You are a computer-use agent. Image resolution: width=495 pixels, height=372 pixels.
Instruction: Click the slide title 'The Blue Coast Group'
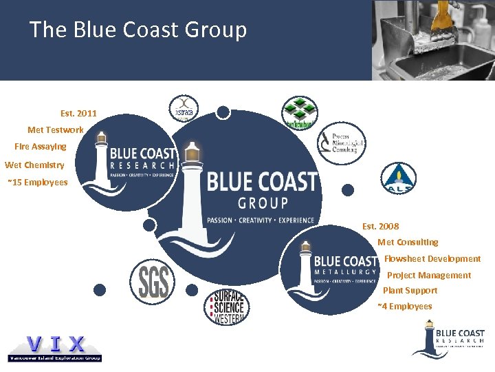click(x=137, y=30)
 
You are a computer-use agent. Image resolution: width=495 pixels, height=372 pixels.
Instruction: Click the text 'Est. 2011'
click(x=78, y=114)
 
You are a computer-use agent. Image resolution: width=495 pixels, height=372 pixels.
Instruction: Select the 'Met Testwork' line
click(x=56, y=130)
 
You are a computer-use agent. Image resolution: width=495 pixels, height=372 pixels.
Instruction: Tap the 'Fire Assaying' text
click(x=41, y=147)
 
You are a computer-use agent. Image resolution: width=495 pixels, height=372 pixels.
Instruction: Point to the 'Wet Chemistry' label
click(x=34, y=165)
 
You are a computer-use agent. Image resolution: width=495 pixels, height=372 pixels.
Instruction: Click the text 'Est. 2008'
click(x=380, y=226)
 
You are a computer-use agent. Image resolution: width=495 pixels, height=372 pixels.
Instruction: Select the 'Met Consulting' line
click(x=408, y=242)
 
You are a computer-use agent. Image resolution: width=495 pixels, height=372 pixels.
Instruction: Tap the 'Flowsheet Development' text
click(x=432, y=259)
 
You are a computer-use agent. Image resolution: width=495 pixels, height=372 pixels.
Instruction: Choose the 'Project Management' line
click(x=429, y=276)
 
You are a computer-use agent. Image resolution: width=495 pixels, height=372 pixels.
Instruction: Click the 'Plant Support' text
click(x=410, y=291)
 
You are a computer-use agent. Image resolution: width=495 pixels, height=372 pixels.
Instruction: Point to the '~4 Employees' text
click(x=405, y=307)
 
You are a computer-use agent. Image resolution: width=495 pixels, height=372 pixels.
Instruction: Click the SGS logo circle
click(x=153, y=280)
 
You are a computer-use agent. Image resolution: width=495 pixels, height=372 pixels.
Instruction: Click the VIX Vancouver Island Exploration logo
click(x=55, y=348)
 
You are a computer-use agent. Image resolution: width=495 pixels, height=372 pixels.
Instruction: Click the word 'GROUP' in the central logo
click(x=263, y=203)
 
